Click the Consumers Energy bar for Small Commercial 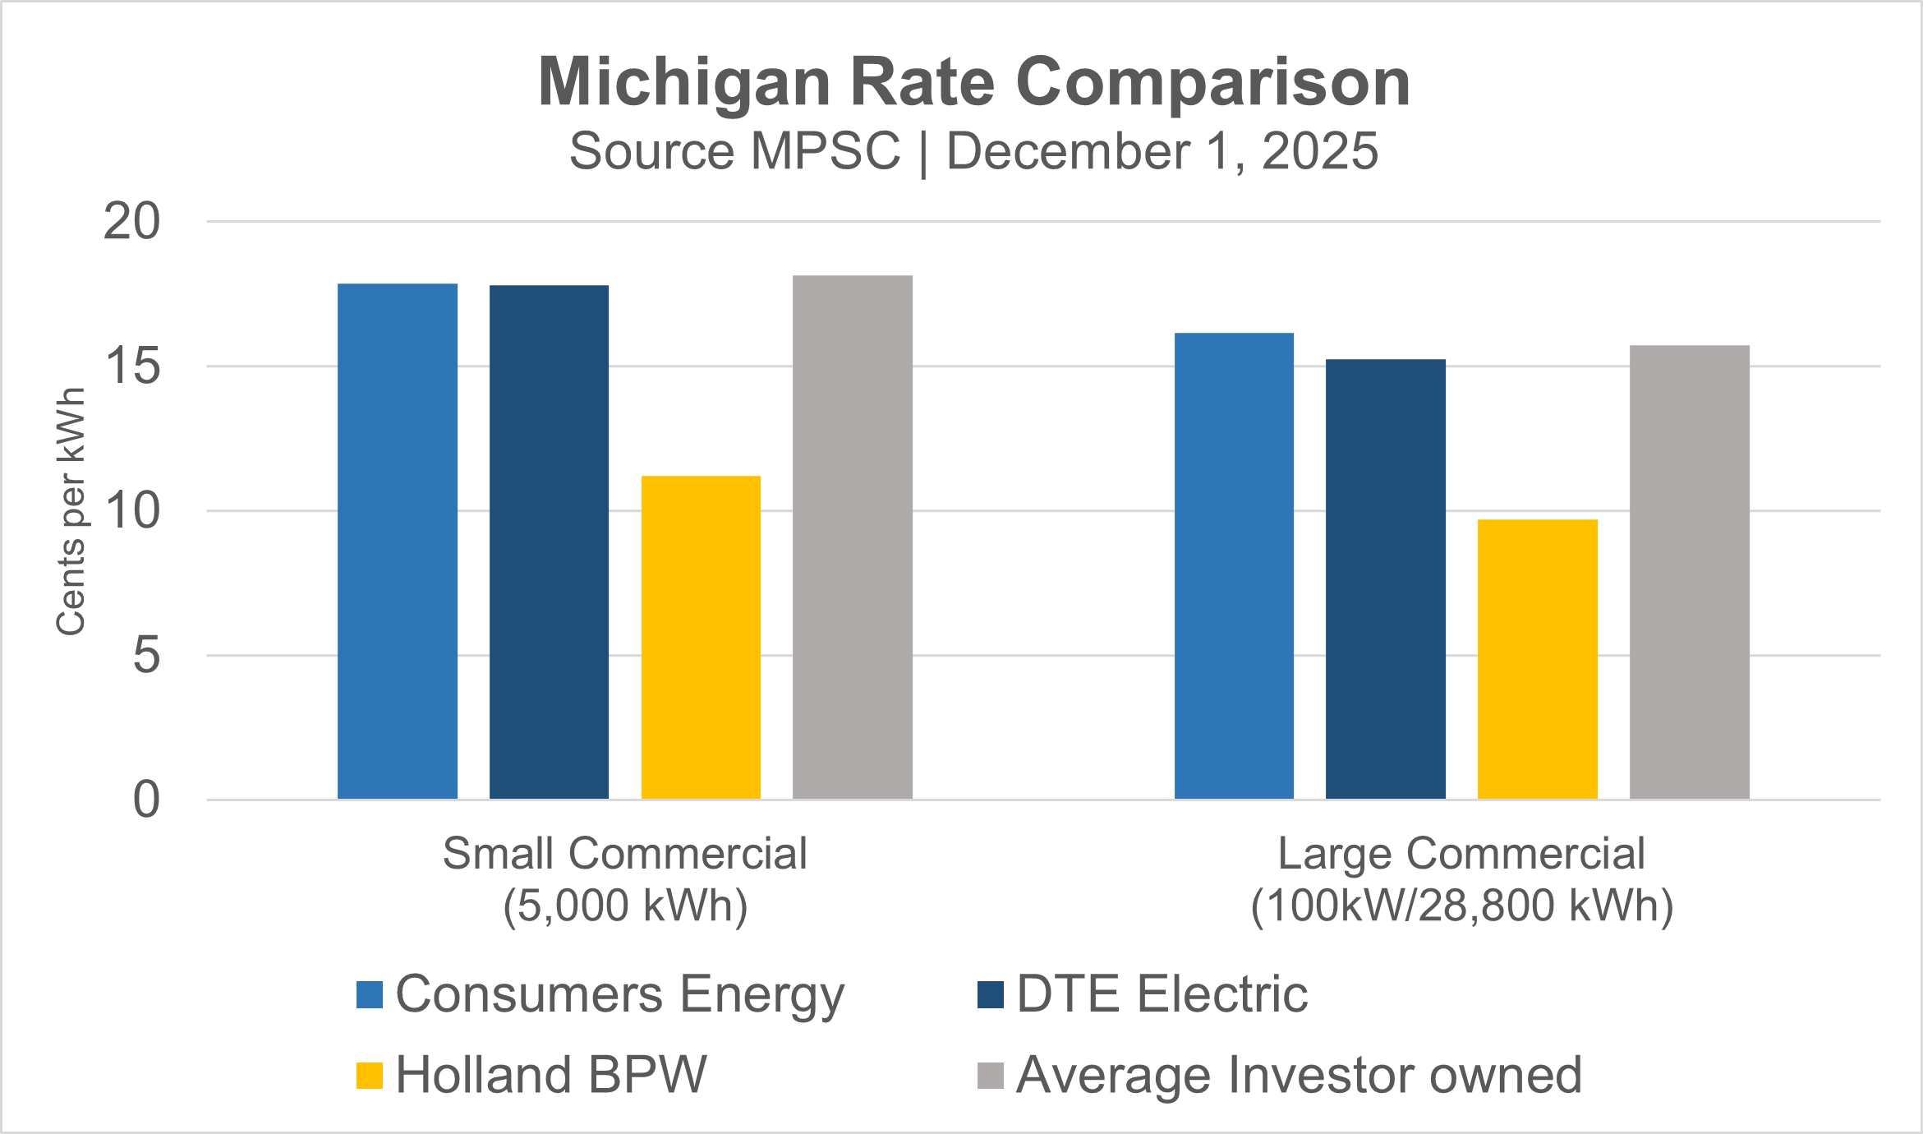tap(397, 542)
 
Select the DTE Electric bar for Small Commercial tap(549, 542)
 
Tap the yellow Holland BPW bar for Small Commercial tap(701, 638)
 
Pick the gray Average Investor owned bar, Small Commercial tap(852, 537)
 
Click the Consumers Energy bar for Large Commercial tap(1234, 566)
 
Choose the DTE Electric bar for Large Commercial tap(1385, 579)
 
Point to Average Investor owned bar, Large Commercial tap(1689, 572)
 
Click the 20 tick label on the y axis tap(131, 222)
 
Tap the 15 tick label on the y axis tap(131, 366)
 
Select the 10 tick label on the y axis tap(131, 511)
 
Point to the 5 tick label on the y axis tap(146, 656)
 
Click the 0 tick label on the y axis tap(146, 800)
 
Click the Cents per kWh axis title tap(71, 511)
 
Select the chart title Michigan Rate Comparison tap(973, 82)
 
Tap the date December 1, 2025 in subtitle tap(1162, 152)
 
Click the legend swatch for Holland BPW tap(370, 1076)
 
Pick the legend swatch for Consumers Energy tap(370, 994)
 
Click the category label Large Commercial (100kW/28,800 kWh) tap(1461, 879)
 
